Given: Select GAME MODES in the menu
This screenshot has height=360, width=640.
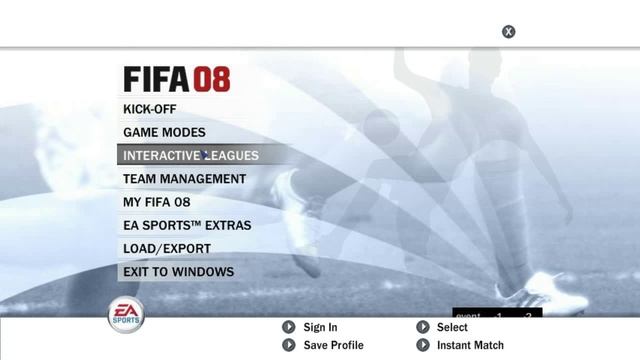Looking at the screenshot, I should (x=164, y=132).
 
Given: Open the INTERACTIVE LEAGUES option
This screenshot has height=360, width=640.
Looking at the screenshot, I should (x=190, y=155).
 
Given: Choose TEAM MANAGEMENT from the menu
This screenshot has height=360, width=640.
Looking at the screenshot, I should (x=184, y=179).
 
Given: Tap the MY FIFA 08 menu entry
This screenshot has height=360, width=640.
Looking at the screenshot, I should (x=156, y=202).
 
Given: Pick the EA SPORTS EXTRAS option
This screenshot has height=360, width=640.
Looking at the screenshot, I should (x=187, y=225).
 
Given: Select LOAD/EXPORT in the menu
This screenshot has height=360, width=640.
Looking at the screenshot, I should (x=166, y=248).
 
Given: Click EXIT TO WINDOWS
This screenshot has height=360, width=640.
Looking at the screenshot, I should (x=178, y=271).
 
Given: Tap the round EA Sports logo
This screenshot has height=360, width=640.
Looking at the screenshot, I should (x=126, y=315).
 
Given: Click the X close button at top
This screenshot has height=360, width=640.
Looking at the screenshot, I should (x=508, y=32).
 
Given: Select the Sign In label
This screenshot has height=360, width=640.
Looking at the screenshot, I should (x=320, y=327).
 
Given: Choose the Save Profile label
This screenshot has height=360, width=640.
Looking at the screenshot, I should (x=333, y=345).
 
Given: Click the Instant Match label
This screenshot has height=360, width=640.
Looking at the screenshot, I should (x=470, y=345).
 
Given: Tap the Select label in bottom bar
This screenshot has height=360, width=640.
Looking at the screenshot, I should (x=452, y=327).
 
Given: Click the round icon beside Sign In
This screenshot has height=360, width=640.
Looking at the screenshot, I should (x=288, y=327).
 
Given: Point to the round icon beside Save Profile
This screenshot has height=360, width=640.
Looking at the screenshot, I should (x=288, y=345).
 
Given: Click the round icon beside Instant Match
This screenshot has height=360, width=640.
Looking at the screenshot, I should (x=422, y=345).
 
